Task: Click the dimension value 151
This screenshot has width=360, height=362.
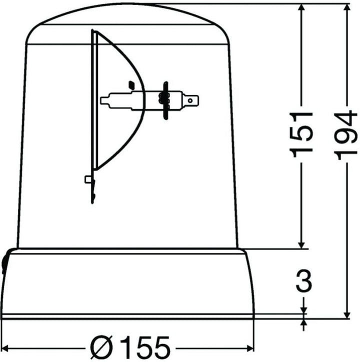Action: [303, 134]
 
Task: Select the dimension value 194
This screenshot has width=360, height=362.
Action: [346, 135]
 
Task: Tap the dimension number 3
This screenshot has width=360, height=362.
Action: [303, 282]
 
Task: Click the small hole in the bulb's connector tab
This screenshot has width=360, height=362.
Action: [190, 100]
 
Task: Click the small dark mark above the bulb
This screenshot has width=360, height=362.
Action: [131, 84]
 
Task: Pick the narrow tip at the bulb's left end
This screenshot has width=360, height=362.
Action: [104, 100]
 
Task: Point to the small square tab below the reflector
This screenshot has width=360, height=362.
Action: [88, 178]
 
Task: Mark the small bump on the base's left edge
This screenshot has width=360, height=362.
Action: [4, 263]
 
